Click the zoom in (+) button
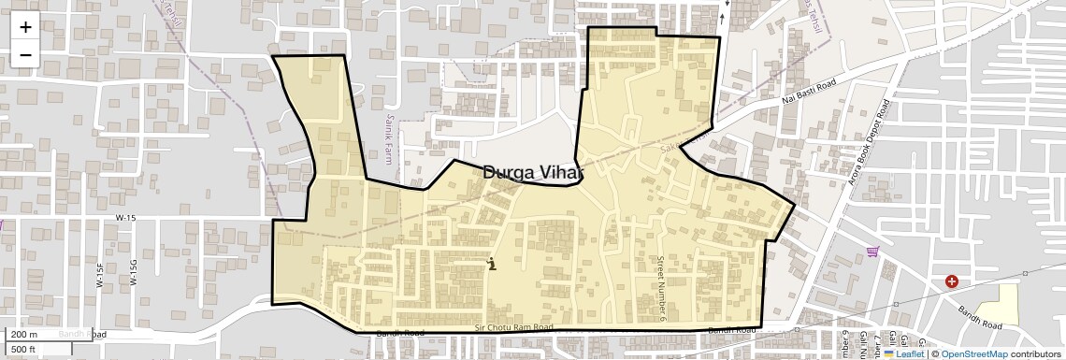pyautogui.click(x=25, y=27)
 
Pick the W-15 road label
pyautogui.click(x=125, y=218)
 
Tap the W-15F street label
pyautogui.click(x=100, y=273)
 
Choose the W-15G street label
pyautogui.click(x=135, y=272)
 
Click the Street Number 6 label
pyautogui.click(x=660, y=278)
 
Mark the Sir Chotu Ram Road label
pyautogui.click(x=513, y=327)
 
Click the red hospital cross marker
pyautogui.click(x=951, y=281)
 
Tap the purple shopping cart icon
pyautogui.click(x=873, y=251)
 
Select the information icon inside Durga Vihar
pyautogui.click(x=492, y=265)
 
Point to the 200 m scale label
pyautogui.click(x=25, y=335)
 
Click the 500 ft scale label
pyautogui.click(x=23, y=350)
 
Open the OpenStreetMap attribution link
pyautogui.click(x=973, y=354)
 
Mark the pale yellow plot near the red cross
pyautogui.click(x=997, y=305)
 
